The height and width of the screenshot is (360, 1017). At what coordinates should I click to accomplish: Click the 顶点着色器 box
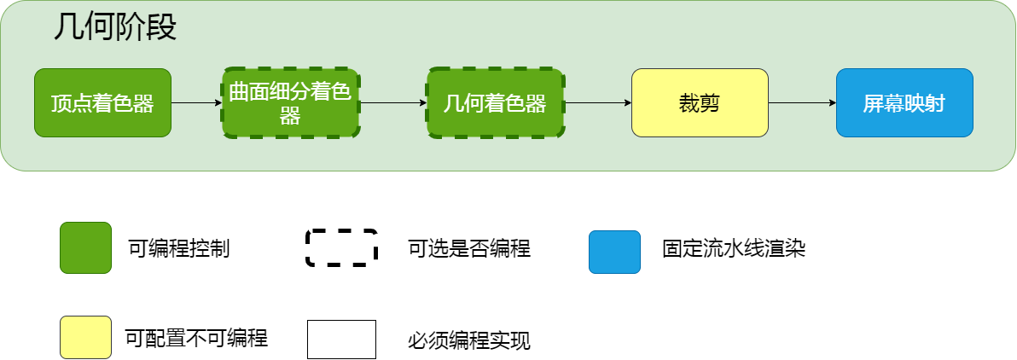tap(102, 102)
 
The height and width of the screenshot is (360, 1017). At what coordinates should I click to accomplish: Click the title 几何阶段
tap(114, 28)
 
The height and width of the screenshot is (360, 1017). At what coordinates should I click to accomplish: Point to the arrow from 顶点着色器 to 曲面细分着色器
tap(196, 102)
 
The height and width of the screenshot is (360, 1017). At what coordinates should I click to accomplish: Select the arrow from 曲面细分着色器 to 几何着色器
tap(393, 102)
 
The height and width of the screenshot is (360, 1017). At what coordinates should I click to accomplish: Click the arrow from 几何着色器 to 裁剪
tap(597, 102)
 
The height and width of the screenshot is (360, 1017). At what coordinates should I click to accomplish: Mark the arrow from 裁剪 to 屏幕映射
tap(802, 102)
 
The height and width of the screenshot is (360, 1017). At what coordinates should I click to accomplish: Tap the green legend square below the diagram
tap(85, 247)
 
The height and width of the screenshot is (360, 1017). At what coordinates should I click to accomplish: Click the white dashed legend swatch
tap(341, 247)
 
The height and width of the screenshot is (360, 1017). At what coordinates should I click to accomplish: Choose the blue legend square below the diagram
tap(614, 252)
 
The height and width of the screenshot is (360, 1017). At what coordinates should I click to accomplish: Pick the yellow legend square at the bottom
tap(85, 337)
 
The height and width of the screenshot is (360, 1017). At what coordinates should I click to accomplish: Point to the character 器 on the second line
tap(290, 116)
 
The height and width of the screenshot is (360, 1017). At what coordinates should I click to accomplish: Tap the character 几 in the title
tap(67, 28)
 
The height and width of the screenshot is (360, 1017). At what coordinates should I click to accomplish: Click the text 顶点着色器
tap(102, 104)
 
